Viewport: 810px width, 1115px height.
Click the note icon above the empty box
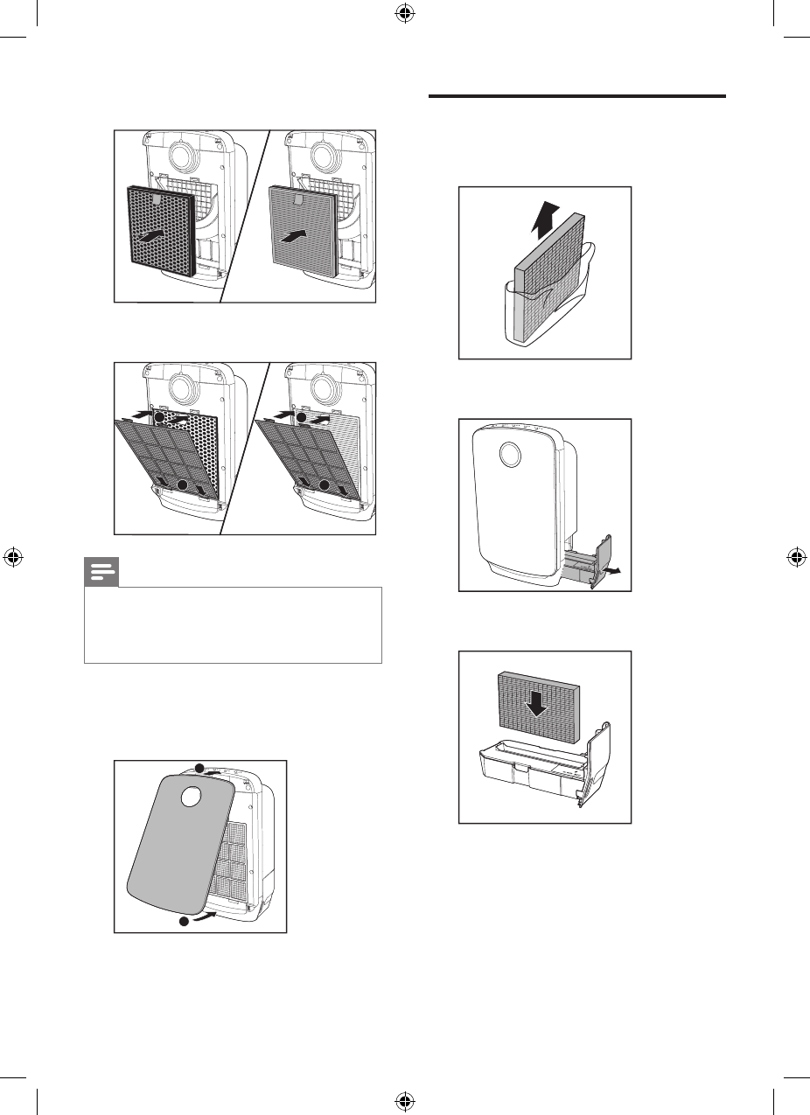point(101,573)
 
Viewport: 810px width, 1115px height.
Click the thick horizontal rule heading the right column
point(578,95)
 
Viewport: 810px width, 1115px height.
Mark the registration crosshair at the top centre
point(405,14)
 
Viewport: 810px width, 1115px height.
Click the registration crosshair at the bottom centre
point(405,1100)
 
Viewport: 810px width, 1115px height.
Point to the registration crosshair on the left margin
point(14,557)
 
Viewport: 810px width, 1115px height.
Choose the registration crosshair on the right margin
point(796,557)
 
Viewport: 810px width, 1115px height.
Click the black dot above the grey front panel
point(199,768)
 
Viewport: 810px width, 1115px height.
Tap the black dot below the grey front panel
point(185,922)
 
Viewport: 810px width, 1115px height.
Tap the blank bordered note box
point(233,624)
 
